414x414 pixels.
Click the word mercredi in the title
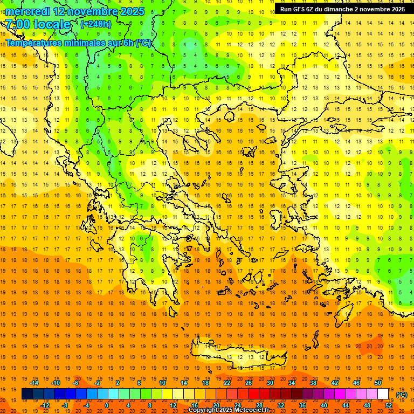click(x=28, y=11)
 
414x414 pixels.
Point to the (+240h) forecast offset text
click(x=96, y=24)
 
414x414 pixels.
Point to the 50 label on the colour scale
click(x=378, y=383)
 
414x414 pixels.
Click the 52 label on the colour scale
click(x=389, y=405)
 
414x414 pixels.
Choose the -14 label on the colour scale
click(x=34, y=383)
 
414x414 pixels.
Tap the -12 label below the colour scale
click(x=45, y=405)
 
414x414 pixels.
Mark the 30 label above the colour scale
click(x=270, y=383)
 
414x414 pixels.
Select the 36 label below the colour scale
click(x=302, y=405)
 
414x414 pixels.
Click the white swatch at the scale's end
click(x=383, y=394)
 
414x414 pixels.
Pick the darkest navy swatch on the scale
click(x=27, y=394)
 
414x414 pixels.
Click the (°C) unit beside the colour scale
click(x=402, y=395)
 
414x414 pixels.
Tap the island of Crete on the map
click(x=237, y=356)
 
